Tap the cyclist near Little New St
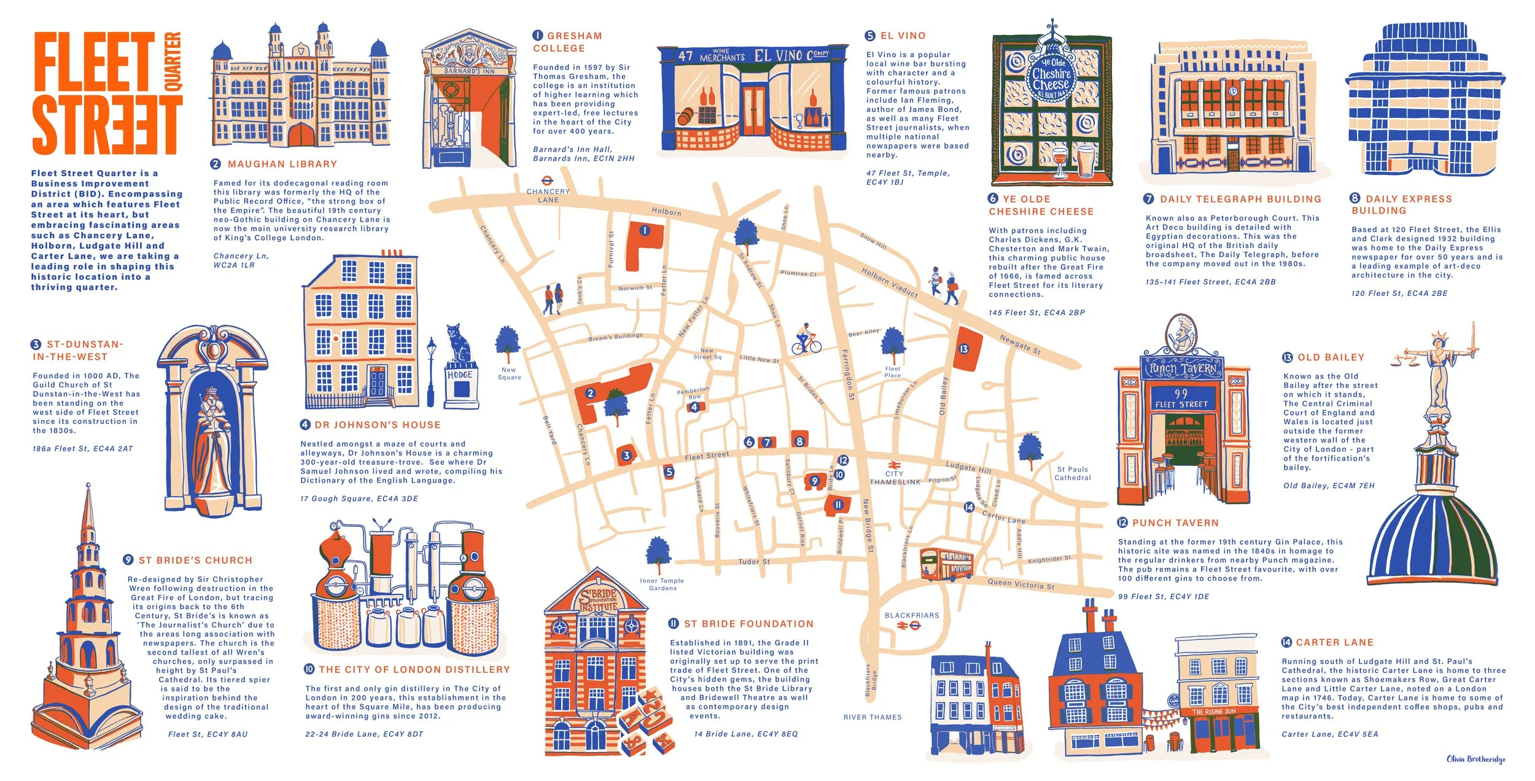(x=806, y=339)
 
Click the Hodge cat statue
(x=459, y=347)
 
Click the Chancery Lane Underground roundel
(x=546, y=181)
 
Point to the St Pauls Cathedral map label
(x=1073, y=473)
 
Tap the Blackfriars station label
(x=911, y=615)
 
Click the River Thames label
(x=872, y=717)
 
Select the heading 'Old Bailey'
(x=1331, y=357)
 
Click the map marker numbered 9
(x=815, y=481)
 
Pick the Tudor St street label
(x=753, y=561)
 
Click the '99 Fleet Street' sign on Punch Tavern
(x=1181, y=398)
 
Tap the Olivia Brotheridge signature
(x=1475, y=759)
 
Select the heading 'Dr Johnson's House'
(x=377, y=425)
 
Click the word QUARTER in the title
(x=174, y=61)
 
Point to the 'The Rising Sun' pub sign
(x=1213, y=712)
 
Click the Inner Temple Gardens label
(x=662, y=584)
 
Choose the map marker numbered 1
(x=645, y=231)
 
